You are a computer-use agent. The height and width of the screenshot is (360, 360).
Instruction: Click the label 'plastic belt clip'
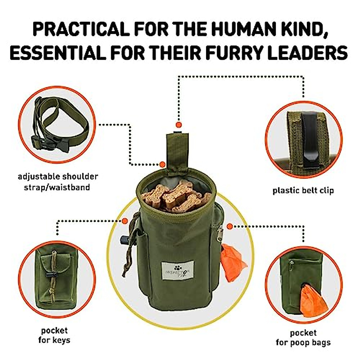[x=303, y=190]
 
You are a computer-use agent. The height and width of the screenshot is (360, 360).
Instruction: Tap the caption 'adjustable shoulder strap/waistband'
[x=58, y=182]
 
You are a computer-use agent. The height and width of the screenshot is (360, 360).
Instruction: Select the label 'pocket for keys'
[x=54, y=335]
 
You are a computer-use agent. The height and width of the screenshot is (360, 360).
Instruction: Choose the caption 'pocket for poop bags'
[x=303, y=337]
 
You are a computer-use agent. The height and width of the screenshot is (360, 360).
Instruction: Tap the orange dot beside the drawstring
[x=125, y=221]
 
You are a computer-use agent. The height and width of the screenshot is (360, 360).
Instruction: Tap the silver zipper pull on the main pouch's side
[x=220, y=232]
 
